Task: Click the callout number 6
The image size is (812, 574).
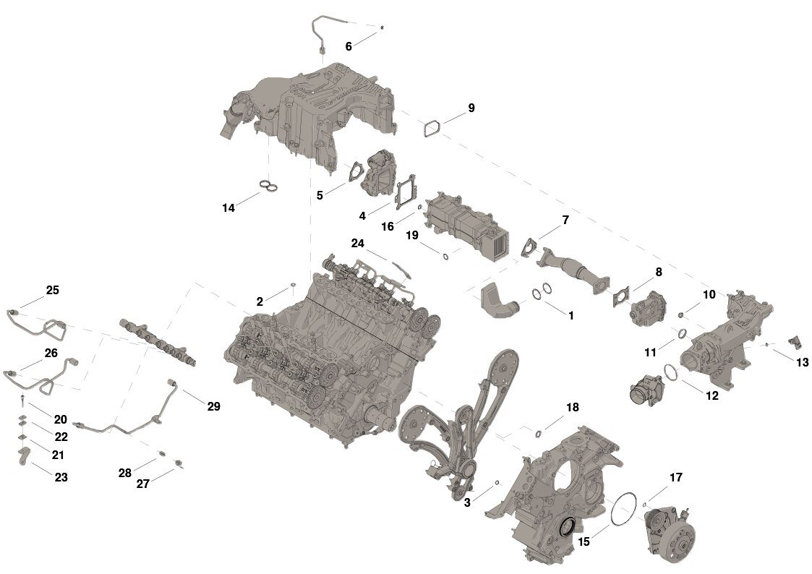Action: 349,46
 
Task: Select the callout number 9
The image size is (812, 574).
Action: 471,108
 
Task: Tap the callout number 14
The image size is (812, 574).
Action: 228,208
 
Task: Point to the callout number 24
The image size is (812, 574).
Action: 358,243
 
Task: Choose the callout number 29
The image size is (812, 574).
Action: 213,406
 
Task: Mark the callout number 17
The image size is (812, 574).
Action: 676,477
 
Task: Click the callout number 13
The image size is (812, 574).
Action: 803,363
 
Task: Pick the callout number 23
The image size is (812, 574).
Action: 61,477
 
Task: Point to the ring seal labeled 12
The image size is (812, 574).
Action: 671,372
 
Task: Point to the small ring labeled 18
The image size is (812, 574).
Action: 538,433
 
